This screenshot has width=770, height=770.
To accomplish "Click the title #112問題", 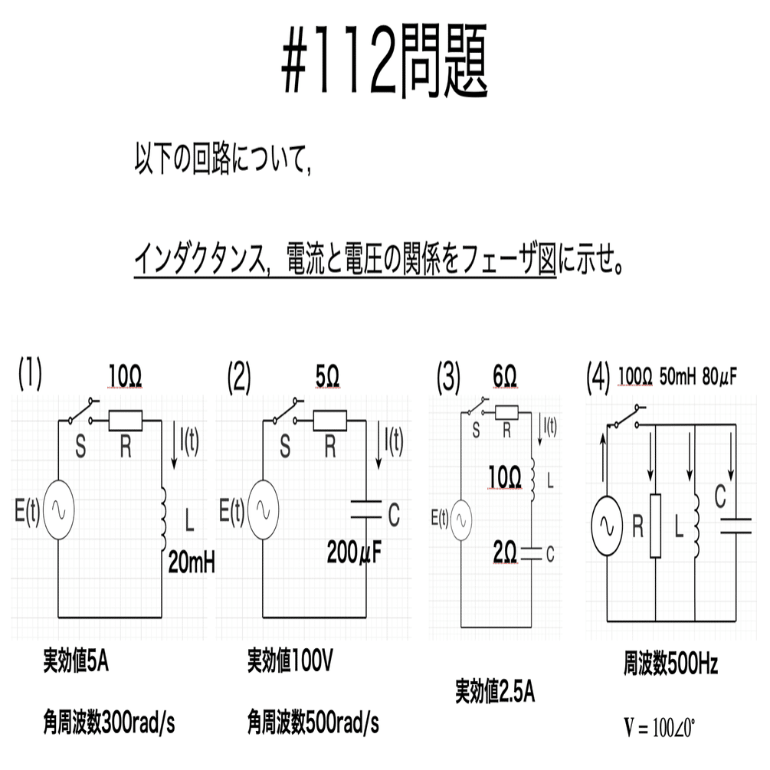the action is [x=385, y=60].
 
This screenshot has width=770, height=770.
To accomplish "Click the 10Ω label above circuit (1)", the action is [x=125, y=377].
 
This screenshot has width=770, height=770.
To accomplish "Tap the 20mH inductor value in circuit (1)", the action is [x=192, y=563].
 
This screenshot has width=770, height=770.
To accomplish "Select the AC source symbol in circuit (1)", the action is [x=58, y=510].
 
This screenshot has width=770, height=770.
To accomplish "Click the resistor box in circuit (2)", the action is [x=330, y=421].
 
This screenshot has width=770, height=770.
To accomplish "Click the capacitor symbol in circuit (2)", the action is [x=366, y=510].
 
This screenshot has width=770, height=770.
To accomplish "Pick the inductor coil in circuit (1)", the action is [x=163, y=520].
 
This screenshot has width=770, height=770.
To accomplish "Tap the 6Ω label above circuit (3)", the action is [x=505, y=377].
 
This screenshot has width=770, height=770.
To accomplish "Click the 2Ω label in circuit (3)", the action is [x=505, y=553].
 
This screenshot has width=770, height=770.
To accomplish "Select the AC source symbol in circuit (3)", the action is [x=461, y=520].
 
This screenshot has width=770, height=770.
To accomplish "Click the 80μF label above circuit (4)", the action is [x=719, y=377].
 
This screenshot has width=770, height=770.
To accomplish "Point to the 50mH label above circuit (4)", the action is [x=678, y=377].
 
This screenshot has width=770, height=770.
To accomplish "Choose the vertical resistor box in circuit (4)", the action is [x=655, y=526].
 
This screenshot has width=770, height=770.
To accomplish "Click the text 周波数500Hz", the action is [x=671, y=664].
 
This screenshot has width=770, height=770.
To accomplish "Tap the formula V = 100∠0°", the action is [x=660, y=728].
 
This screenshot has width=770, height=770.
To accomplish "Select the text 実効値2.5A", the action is [x=495, y=691].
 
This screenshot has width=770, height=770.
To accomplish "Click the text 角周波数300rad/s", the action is [x=109, y=722].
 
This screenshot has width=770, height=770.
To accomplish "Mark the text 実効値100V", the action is [x=290, y=660].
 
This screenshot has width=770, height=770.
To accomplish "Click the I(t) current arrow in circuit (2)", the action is [x=378, y=447].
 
